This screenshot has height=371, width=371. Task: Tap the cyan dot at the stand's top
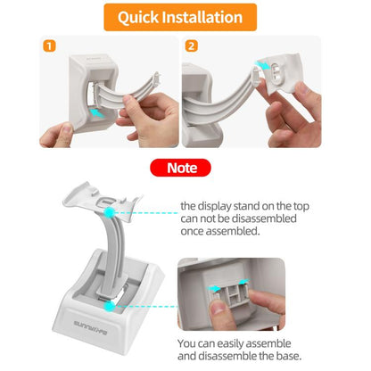coord(108,214)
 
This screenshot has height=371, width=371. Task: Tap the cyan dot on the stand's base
coord(108,305)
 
